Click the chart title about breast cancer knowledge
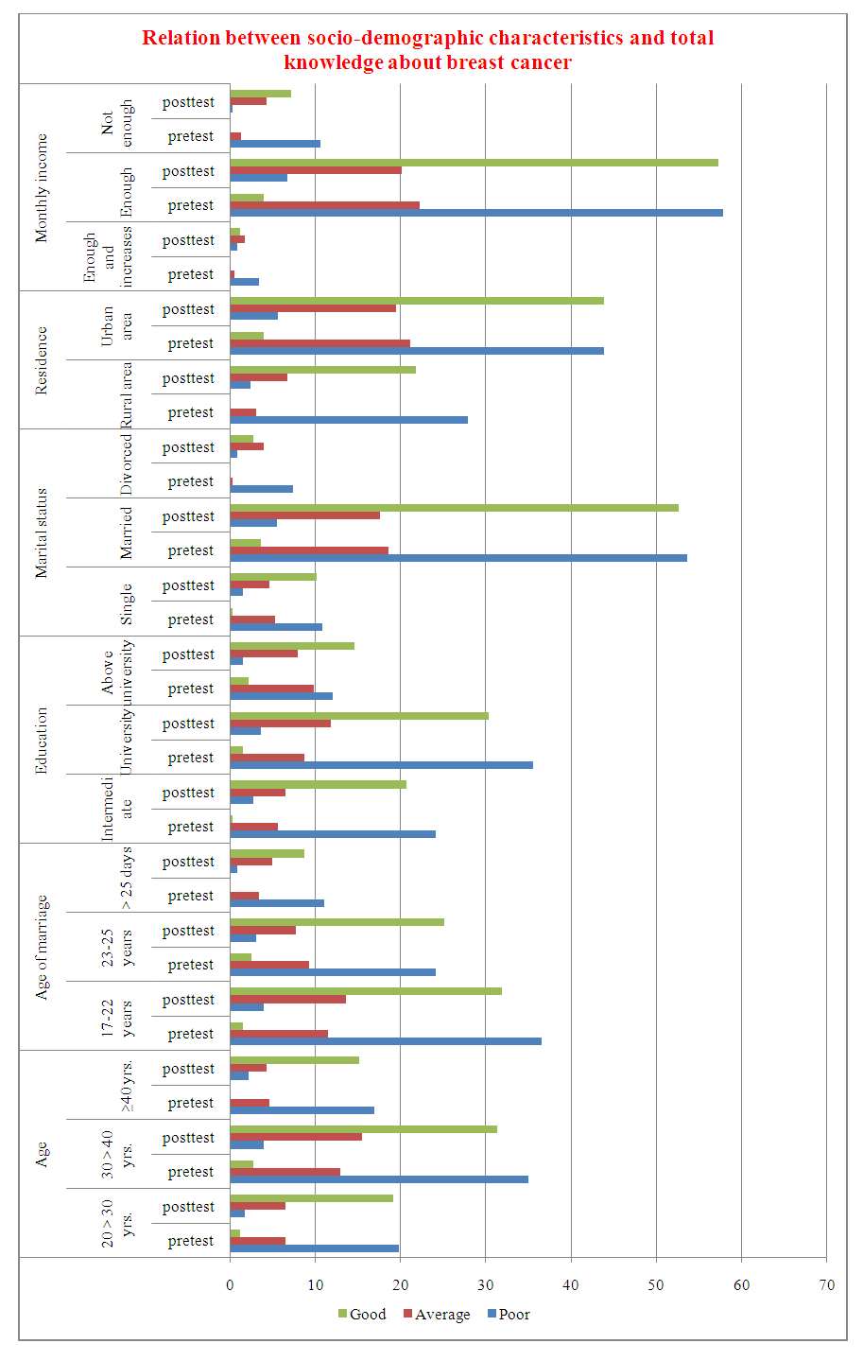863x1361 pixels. pos(427,50)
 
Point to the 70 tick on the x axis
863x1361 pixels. pos(826,1284)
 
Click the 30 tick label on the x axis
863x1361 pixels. pos(485,1284)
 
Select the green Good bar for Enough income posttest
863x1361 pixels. pos(473,163)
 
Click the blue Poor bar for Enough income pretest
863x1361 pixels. pos(475,213)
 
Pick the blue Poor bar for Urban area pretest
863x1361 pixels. pos(416,351)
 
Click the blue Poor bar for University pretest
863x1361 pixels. pos(381,765)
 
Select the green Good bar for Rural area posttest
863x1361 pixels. pos(322,370)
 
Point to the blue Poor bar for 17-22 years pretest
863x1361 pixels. pos(385,1041)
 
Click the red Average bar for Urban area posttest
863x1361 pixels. pos(312,308)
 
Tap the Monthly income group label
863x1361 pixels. pos(42,187)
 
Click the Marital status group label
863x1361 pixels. pos(42,532)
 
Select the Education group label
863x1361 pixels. pos(42,740)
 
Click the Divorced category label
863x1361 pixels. pos(127,463)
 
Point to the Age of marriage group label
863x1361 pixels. pos(42,947)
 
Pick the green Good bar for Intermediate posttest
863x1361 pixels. pos(318,784)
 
